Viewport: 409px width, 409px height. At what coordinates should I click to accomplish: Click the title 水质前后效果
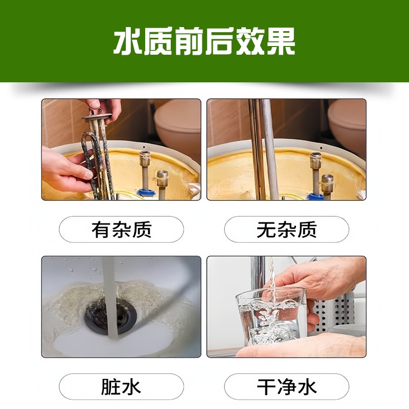[204, 41]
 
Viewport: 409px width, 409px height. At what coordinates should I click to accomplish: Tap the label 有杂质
[121, 230]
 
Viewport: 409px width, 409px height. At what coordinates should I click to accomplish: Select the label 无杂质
[286, 230]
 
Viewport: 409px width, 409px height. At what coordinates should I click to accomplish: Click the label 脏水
[121, 387]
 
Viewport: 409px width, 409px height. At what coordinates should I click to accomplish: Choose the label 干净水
[286, 387]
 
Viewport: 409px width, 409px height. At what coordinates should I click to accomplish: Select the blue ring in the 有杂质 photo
[146, 193]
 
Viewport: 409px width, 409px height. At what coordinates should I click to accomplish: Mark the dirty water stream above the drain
[109, 298]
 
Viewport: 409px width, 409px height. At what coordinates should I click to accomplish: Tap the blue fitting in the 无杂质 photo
[315, 196]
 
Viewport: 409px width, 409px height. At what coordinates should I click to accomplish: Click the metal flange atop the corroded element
[97, 117]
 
